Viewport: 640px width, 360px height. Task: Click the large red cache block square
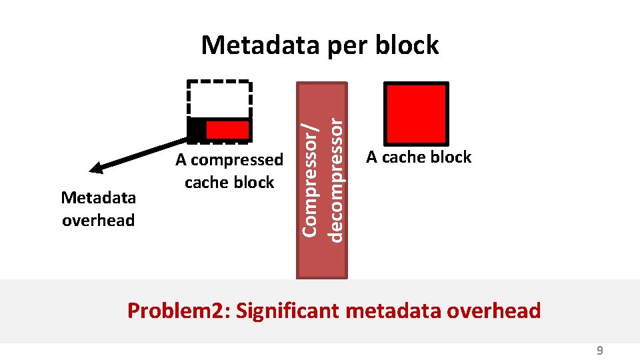[x=416, y=114]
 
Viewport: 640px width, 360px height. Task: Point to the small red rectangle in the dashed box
[x=227, y=129]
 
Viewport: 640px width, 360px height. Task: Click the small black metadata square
[x=196, y=129]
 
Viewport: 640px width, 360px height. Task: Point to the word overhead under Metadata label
[x=98, y=220]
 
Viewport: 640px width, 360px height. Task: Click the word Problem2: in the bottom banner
[x=178, y=311]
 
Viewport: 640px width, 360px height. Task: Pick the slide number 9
[x=599, y=351]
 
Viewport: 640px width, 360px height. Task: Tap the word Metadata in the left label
[x=98, y=198]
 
